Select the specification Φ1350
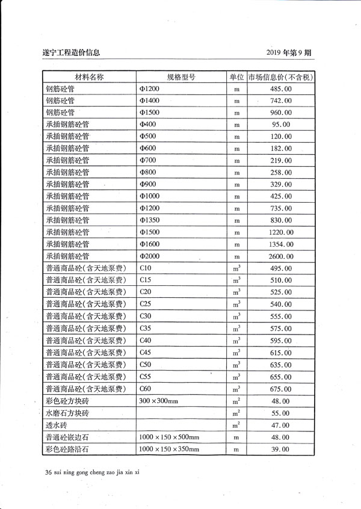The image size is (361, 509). coord(149,220)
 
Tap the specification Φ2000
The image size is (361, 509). coord(149,256)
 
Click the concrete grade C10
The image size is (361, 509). coord(145,268)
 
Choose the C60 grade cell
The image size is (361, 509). coord(145,389)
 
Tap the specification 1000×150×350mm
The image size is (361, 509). coord(169,449)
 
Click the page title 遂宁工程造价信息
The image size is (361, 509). coord(72,52)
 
